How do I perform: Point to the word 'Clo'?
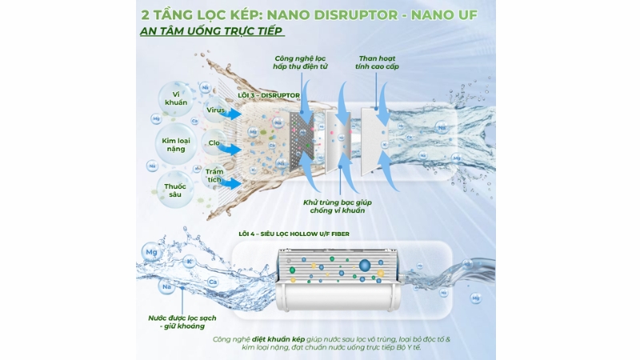click(214, 145)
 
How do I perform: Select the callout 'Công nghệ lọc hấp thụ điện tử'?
click(301, 64)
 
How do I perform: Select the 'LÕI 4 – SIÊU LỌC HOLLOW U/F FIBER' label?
click(294, 234)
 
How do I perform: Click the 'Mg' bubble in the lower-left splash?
click(150, 253)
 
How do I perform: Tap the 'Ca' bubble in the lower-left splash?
click(213, 282)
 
